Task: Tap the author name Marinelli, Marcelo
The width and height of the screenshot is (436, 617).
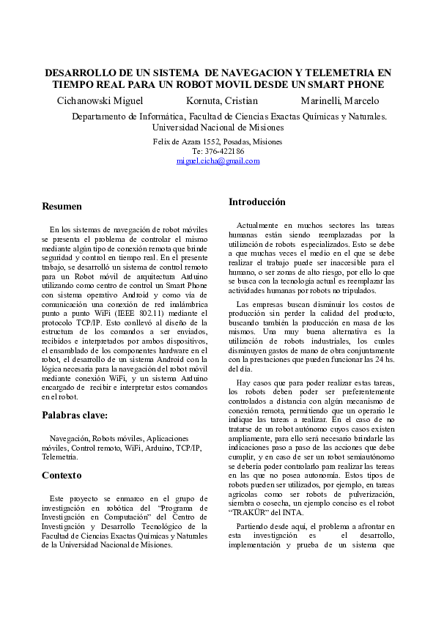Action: (339, 100)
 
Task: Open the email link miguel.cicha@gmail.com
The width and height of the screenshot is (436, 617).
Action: (218, 161)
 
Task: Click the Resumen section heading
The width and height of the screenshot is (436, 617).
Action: (62, 207)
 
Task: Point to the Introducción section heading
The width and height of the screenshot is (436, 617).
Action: (257, 202)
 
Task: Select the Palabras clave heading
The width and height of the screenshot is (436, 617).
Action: (75, 415)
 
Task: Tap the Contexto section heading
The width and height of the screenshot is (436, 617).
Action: (62, 476)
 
